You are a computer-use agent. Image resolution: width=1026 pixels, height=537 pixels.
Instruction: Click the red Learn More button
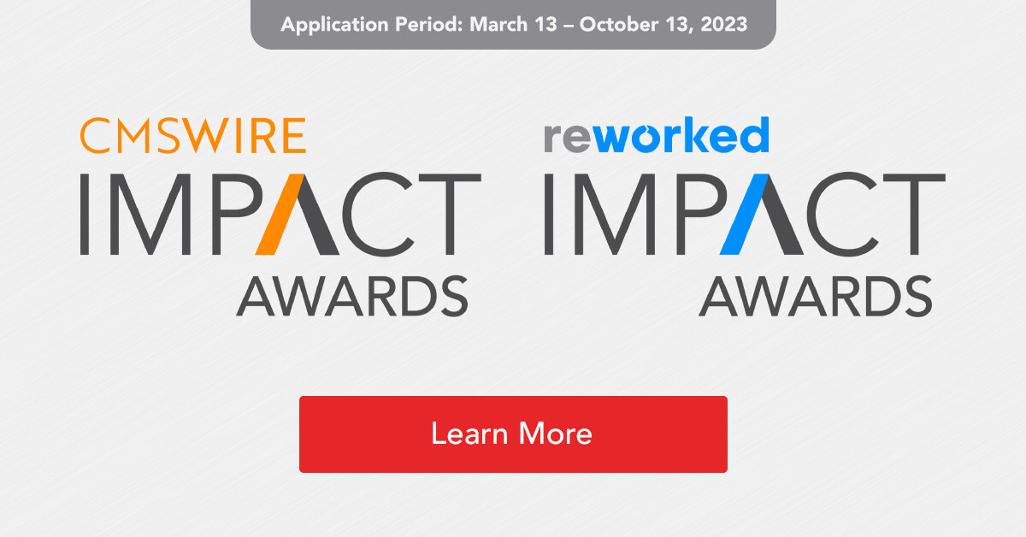coord(513,434)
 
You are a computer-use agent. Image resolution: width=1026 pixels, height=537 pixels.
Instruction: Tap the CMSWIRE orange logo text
coord(192,136)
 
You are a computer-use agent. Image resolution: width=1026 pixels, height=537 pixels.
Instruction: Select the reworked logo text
coord(656,136)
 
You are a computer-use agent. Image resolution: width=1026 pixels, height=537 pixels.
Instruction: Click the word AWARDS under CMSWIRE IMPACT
coord(352,296)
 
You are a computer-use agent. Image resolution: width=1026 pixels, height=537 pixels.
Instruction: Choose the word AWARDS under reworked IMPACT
coord(816,296)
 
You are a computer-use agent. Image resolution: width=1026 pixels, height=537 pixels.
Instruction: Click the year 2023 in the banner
coord(724,24)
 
